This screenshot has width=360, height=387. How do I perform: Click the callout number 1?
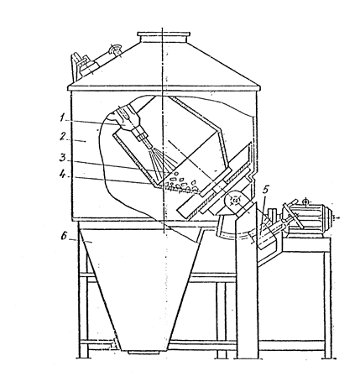tap(63, 118)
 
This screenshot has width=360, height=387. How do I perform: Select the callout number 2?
tap(64, 137)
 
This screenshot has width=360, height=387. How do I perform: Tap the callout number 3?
tap(63, 158)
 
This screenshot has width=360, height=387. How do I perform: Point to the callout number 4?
tap(64, 175)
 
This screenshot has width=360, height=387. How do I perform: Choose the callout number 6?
tap(65, 236)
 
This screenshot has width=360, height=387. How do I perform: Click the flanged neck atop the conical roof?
tap(164, 38)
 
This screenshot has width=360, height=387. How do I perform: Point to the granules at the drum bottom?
tap(182, 185)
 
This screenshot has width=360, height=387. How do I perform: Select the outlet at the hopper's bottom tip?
tap(145, 352)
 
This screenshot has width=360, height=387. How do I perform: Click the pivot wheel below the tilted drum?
tap(235, 201)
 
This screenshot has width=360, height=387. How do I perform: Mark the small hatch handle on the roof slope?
tap(116, 50)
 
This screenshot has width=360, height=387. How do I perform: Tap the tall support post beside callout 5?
tap(246, 280)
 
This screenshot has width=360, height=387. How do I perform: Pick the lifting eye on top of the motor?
tap(306, 201)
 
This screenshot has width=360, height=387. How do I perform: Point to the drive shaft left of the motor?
tap(275, 228)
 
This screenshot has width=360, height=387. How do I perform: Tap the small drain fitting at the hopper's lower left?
tap(114, 343)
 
